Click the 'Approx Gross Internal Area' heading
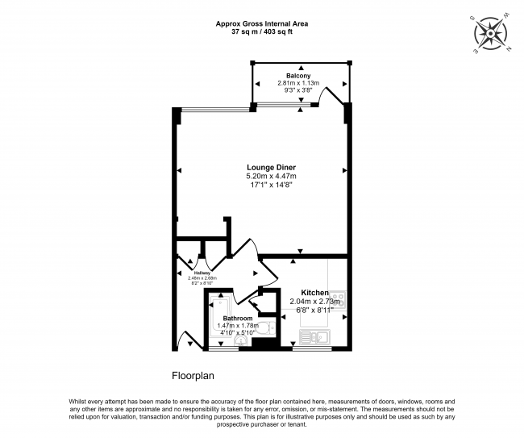tap(261, 23)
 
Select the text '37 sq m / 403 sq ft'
tap(261, 32)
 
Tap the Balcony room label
tap(287, 75)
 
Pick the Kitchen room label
tap(314, 292)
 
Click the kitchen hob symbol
tap(339, 301)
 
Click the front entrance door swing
tap(186, 339)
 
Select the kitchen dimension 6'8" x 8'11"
tap(314, 311)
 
